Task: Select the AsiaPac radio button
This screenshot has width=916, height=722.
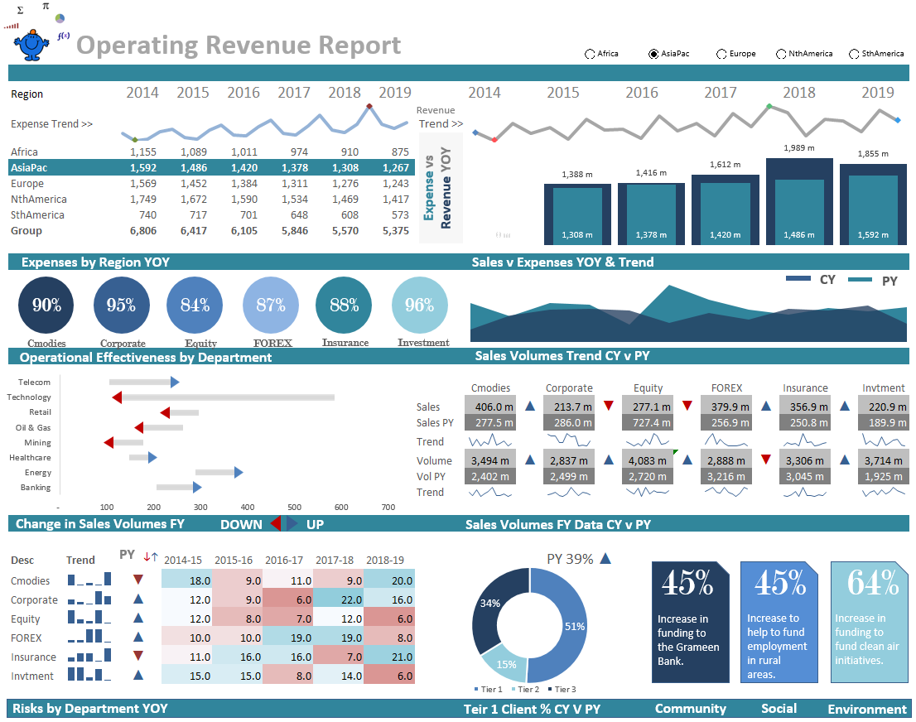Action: tap(653, 54)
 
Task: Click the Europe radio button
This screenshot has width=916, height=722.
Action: tap(721, 54)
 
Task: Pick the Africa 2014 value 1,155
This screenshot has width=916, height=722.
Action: tap(142, 152)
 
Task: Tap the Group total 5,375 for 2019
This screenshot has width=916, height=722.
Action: tap(395, 231)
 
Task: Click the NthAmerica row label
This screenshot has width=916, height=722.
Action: tap(39, 200)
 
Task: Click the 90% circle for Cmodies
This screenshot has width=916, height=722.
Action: tap(46, 305)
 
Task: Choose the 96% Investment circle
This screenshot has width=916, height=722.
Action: tap(420, 305)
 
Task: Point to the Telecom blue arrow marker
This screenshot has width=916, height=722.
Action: tap(174, 382)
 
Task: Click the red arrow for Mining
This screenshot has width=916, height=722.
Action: tap(108, 443)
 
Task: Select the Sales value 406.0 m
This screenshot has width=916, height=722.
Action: tap(489, 407)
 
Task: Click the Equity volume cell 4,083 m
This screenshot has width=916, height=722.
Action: tap(648, 460)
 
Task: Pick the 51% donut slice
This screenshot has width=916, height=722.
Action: tap(565, 625)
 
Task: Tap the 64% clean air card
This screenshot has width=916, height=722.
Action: tap(868, 621)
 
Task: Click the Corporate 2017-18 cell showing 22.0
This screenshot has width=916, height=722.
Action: tap(338, 600)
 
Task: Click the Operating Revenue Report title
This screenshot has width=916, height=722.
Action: tap(239, 46)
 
